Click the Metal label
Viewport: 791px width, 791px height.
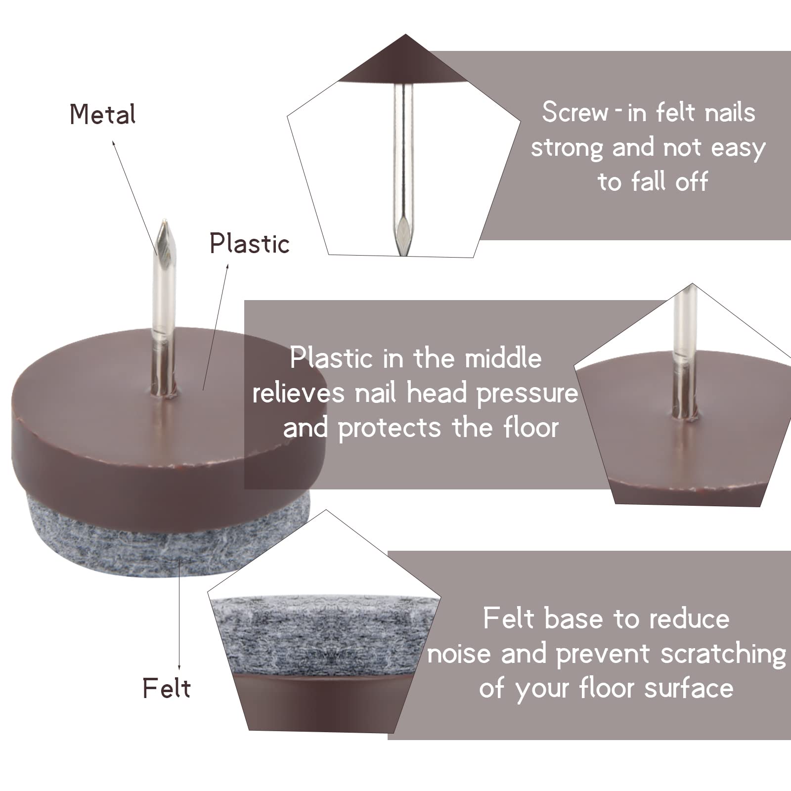tap(102, 114)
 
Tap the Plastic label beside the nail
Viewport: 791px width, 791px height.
tap(250, 243)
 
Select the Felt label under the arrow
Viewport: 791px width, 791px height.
tap(167, 688)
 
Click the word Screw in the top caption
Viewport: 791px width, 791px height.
tap(575, 112)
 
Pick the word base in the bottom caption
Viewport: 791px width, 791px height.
tap(574, 619)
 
